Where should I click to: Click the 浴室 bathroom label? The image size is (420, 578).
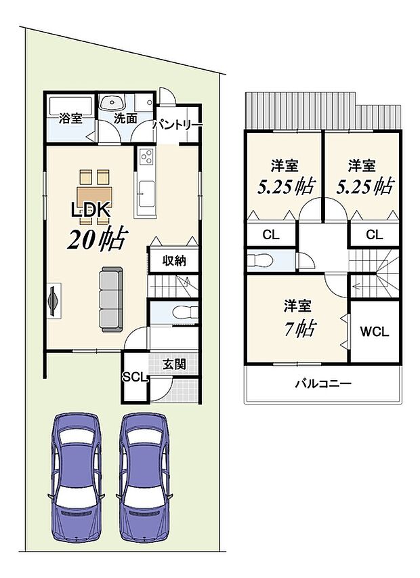click(x=71, y=119)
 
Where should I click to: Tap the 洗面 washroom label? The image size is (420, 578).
click(x=125, y=118)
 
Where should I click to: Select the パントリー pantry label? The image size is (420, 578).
click(x=177, y=125)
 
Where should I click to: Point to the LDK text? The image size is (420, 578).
click(x=90, y=211)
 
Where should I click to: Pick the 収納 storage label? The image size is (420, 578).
click(x=174, y=261)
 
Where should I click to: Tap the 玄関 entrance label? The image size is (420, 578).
click(x=174, y=363)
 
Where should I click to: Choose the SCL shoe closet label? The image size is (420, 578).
click(x=135, y=377)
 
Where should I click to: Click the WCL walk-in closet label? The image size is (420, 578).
click(x=374, y=332)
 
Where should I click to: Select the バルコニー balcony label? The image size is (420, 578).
click(x=322, y=384)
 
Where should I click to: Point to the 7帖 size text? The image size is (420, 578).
click(x=298, y=329)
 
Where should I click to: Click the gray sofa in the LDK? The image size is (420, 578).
click(x=111, y=297)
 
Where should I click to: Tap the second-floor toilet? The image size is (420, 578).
click(x=260, y=261)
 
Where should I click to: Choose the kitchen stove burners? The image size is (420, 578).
click(x=146, y=159)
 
